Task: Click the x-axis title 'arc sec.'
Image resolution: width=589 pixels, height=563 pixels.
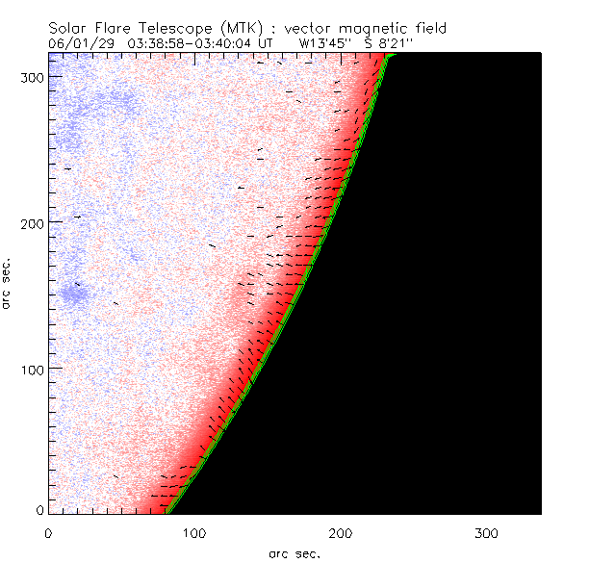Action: click(x=294, y=552)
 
